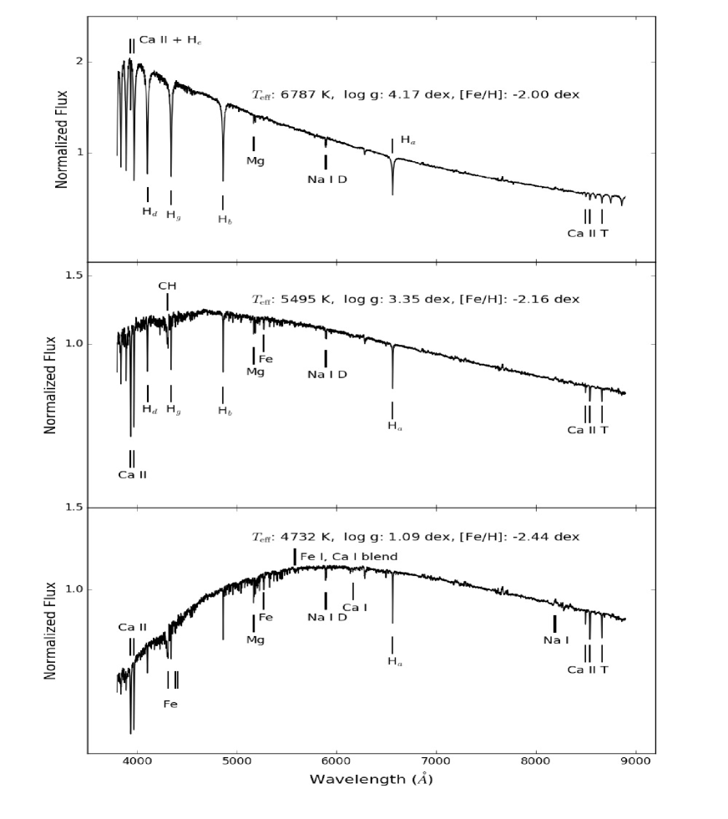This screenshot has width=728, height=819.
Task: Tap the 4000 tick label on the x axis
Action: (x=136, y=761)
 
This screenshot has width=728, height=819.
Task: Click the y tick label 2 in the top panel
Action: (x=79, y=62)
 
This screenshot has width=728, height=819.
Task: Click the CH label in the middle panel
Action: (x=168, y=286)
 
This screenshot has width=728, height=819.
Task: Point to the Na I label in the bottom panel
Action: (x=556, y=640)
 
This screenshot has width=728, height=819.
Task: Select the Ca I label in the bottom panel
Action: (x=355, y=607)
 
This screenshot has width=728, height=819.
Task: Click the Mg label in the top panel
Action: (x=255, y=160)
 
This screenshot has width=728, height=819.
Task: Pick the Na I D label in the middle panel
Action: (x=326, y=374)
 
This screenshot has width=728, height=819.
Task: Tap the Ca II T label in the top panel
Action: (x=588, y=233)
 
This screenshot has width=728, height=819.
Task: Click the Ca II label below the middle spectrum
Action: (x=132, y=474)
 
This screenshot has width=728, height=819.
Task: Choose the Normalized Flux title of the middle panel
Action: (x=50, y=384)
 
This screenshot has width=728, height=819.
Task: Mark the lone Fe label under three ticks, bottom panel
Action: (x=169, y=704)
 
